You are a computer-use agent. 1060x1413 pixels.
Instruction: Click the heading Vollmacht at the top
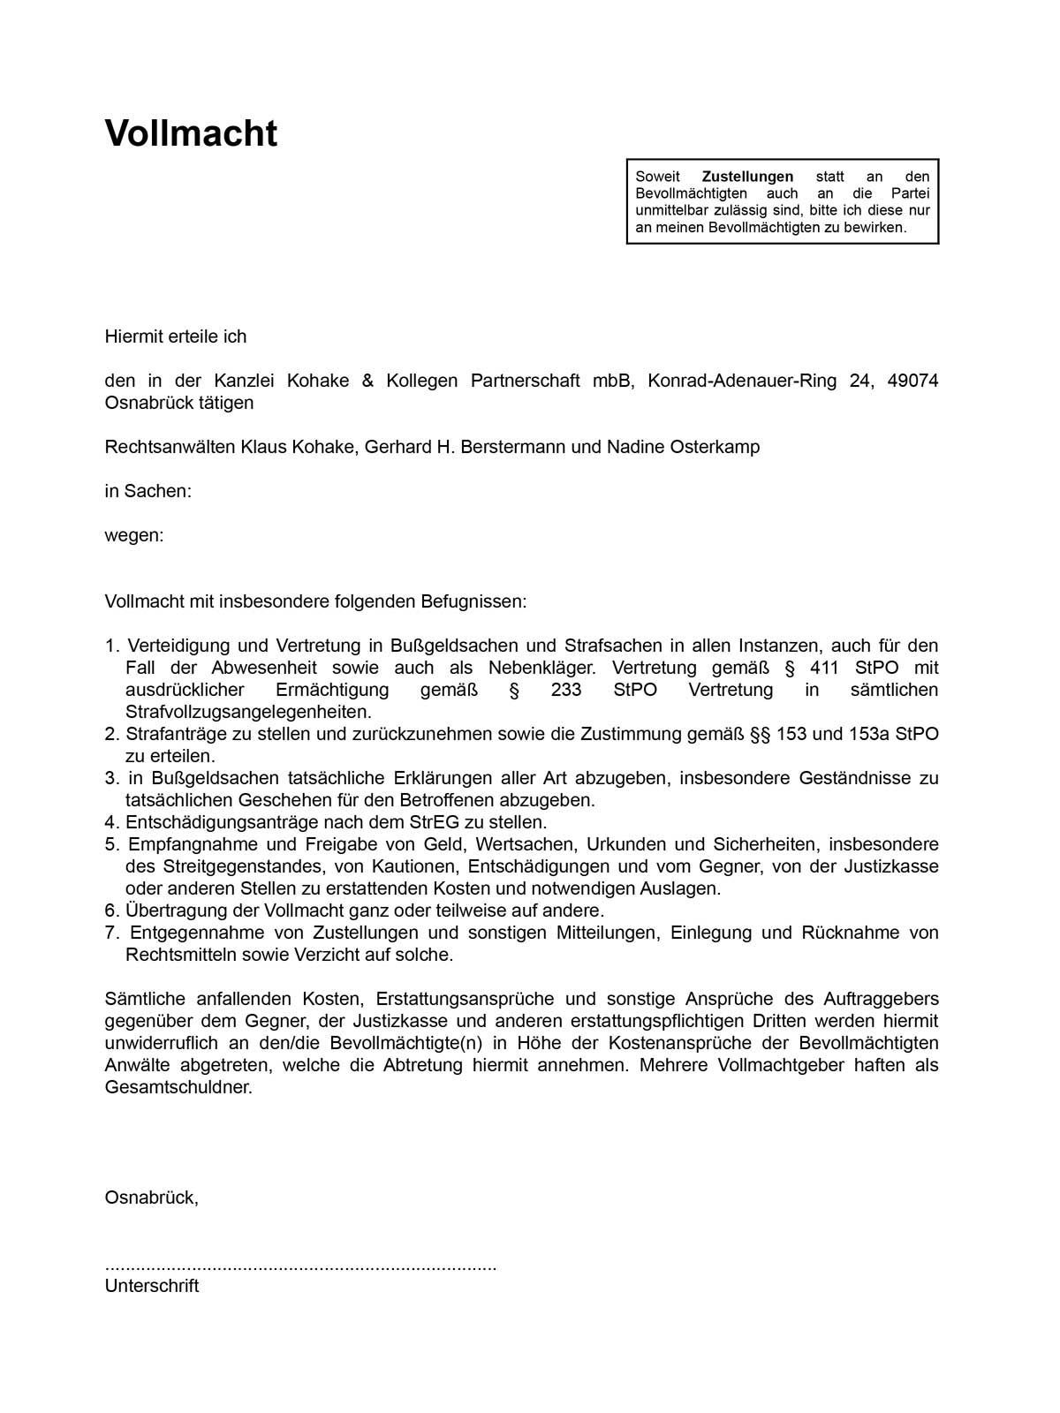191,133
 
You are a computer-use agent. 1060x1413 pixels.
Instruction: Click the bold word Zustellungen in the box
747,177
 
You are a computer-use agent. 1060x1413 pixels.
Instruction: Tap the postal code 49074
912,381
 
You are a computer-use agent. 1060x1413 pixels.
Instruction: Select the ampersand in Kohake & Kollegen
367,381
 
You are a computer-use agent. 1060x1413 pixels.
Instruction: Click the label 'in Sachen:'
148,491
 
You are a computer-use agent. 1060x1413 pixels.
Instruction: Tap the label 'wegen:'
134,535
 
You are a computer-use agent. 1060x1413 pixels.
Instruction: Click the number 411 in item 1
824,668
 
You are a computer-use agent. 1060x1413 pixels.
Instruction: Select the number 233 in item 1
565,690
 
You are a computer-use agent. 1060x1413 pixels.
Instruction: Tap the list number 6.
111,911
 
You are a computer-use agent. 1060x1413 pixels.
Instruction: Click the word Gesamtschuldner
178,1087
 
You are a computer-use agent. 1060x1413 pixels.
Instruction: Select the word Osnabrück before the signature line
150,1198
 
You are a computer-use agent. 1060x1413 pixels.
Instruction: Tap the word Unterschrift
151,1286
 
